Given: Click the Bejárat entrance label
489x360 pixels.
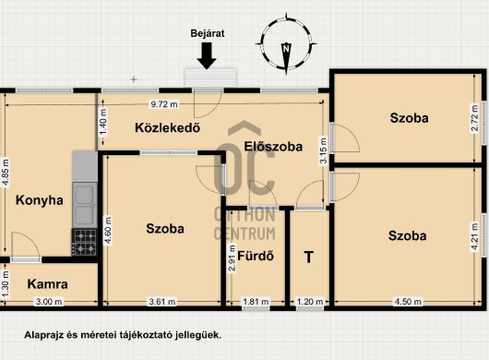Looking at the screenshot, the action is pos(208,33).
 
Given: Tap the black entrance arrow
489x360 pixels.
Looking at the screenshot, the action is pos(207,55).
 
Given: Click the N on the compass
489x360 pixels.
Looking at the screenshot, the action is pos(286,48).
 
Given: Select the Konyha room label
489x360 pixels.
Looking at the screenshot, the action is pos(40,200).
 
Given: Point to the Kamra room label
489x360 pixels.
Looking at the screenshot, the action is pos(47,284).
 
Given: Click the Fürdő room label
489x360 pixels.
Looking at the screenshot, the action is pos(256,256).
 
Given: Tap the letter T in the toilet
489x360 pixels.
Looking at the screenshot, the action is pos(309,258).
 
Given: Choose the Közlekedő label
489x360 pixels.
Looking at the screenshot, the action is pos(168,127).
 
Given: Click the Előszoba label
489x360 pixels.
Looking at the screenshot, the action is pos(273,147).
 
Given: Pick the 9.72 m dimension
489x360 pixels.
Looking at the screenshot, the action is pos(164,104).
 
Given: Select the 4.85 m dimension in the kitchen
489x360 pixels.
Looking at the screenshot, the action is pos(6,173).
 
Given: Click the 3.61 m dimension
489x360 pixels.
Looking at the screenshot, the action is pos(162,302).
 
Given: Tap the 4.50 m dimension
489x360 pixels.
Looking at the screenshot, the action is pos(408,302).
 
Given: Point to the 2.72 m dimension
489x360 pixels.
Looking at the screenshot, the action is pos(474,119).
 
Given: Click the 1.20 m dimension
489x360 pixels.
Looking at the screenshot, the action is pos(310,302).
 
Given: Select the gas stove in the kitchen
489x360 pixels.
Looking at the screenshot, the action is pos(85,243).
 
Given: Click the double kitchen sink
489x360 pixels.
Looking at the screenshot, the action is pos(85,205).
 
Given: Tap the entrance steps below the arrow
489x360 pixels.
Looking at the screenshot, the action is pos(210,77).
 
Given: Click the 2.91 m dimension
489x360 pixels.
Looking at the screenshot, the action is pos(232,258).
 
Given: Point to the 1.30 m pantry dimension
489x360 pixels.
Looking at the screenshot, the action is pos(6,284).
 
